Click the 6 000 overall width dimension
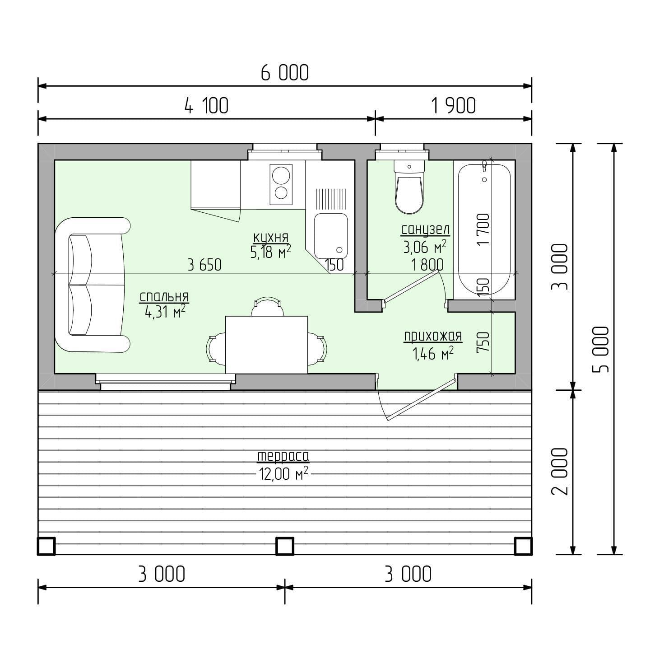coord(284,73)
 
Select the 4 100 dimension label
coord(206,106)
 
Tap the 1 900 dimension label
coord(453,106)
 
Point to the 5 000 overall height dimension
coord(600,349)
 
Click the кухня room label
coord(271,238)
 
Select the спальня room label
coord(164,297)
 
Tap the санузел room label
coord(425,229)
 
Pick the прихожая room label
coord(433,336)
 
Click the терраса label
coord(283,456)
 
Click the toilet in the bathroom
coord(409,187)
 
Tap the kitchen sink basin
coord(331,236)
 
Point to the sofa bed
coord(93,285)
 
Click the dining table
coord(266,345)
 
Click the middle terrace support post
coord(285,546)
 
